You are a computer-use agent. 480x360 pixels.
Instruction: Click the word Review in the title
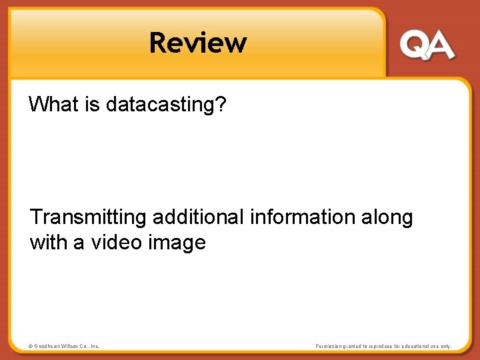click(x=198, y=43)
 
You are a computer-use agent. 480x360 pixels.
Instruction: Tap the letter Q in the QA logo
click(x=415, y=46)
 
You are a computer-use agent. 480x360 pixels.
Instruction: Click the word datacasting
click(x=159, y=105)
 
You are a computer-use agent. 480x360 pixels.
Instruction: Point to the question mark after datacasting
click(x=221, y=104)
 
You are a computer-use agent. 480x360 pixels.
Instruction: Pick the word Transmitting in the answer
click(x=88, y=217)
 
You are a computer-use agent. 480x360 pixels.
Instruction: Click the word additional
click(x=198, y=217)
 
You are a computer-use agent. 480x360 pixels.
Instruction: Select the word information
click(x=303, y=217)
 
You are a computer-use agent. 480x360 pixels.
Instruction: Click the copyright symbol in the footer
click(x=30, y=346)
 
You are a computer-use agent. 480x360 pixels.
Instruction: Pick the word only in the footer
click(x=445, y=346)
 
